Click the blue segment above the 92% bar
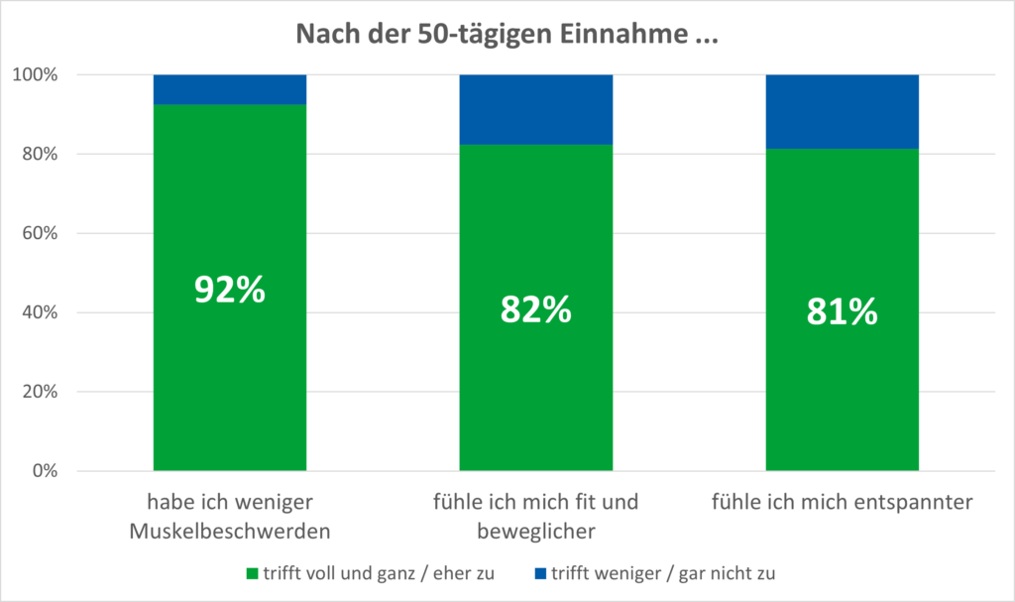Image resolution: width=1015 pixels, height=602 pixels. pos(230,89)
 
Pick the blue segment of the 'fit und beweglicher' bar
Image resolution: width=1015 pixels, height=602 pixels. pos(535,109)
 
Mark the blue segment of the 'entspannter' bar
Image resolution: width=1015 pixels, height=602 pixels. pos(842,111)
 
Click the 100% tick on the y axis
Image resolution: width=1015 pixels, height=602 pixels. pos(37,75)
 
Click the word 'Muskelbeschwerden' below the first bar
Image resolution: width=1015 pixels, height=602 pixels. pos(230,531)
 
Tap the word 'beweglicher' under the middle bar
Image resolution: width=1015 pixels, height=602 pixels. pos(535,531)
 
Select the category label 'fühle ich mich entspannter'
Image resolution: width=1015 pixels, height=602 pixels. pos(842,503)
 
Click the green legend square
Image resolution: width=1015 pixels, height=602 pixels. pos(252,573)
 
